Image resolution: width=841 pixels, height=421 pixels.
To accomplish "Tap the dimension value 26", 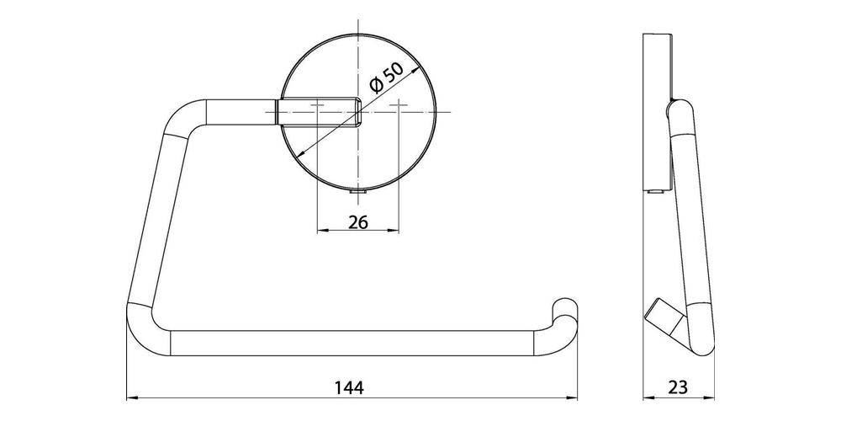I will pyautogui.click(x=357, y=223).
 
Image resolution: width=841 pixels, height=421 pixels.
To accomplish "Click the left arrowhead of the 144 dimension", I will pyautogui.click(x=131, y=397).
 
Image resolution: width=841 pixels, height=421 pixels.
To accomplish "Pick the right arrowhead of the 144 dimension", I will pyautogui.click(x=574, y=397).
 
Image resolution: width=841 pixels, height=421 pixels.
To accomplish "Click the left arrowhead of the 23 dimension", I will pyautogui.click(x=648, y=397).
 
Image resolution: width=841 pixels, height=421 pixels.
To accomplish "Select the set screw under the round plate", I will pyautogui.click(x=357, y=194).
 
